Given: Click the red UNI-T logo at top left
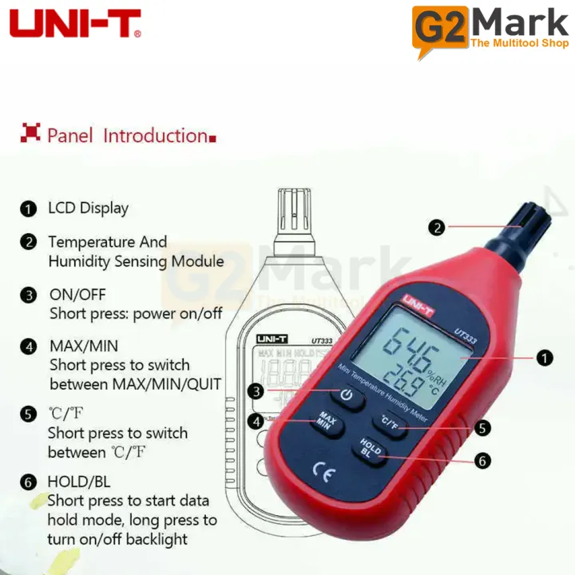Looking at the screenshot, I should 76,24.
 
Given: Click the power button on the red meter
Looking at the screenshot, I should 346,395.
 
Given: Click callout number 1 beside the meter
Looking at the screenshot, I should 545,359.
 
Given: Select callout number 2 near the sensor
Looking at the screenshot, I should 436,228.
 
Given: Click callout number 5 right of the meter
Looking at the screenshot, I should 482,428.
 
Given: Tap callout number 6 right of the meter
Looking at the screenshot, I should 482,461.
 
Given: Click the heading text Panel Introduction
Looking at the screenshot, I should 127,136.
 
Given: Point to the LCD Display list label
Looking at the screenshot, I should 88,208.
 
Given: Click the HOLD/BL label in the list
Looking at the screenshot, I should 79,482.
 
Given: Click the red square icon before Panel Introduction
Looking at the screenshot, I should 30,133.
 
